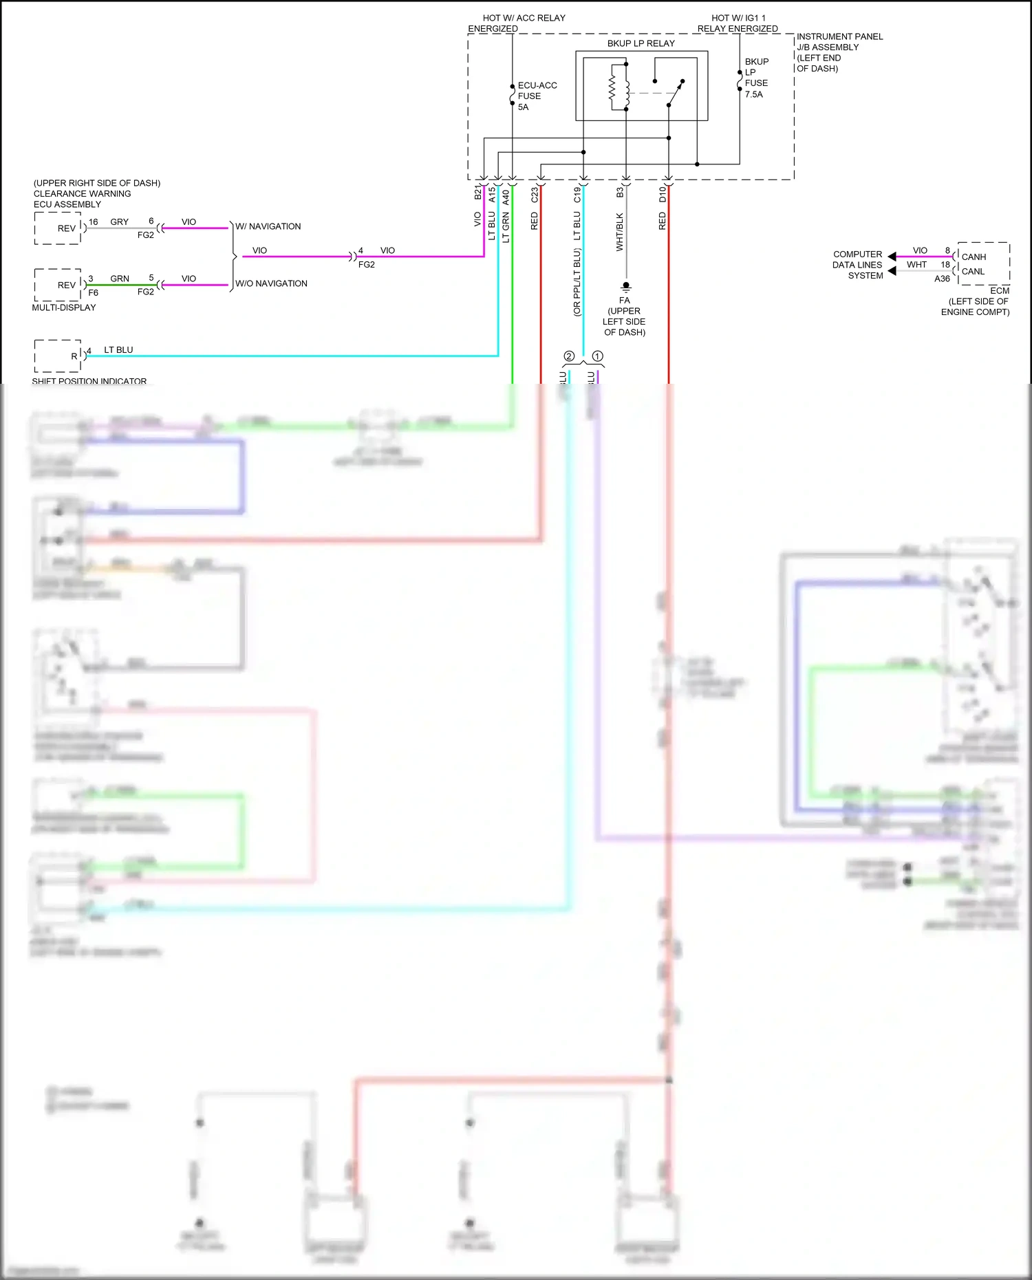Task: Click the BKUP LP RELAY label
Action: (x=641, y=43)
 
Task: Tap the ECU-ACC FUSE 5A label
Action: (x=536, y=96)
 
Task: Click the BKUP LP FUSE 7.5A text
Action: (x=756, y=78)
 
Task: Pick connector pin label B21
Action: (x=478, y=192)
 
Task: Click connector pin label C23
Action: (x=535, y=195)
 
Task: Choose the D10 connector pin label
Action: (x=663, y=194)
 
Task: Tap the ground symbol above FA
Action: (x=625, y=285)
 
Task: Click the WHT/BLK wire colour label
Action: (x=619, y=232)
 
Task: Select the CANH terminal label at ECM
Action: (x=974, y=257)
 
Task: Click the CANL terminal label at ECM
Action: (x=973, y=271)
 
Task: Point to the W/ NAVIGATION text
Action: (x=268, y=226)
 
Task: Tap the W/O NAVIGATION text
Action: (x=271, y=283)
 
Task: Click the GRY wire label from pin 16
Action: (x=120, y=221)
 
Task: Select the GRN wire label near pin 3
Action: (x=120, y=279)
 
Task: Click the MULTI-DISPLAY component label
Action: (x=64, y=307)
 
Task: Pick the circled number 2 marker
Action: (x=569, y=356)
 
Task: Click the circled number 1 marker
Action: (x=597, y=356)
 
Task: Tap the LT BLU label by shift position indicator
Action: (x=118, y=349)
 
